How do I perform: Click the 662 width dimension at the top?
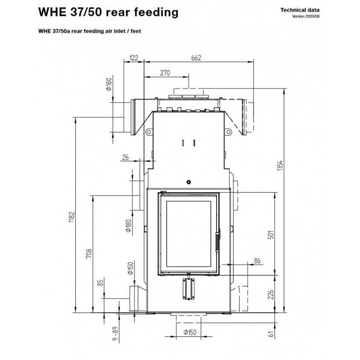tap(196, 58)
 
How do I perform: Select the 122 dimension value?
tap(133, 58)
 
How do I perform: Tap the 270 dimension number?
tap(165, 73)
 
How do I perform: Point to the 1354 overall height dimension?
tap(280, 165)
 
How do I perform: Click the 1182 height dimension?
tap(71, 217)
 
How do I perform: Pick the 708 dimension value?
tap(89, 254)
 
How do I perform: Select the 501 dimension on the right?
tap(271, 235)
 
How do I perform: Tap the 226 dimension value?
tap(271, 295)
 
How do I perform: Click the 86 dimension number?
tap(257, 261)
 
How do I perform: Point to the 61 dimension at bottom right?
tap(271, 334)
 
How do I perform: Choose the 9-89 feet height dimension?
tap(116, 334)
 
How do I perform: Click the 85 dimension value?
tap(100, 282)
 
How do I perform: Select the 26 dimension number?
tap(125, 157)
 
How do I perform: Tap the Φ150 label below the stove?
tap(190, 332)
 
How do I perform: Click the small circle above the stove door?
tap(189, 182)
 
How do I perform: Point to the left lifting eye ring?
tap(149, 132)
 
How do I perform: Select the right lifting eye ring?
tap(228, 132)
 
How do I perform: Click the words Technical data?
tap(300, 10)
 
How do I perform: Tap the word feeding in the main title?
tap(156, 12)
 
